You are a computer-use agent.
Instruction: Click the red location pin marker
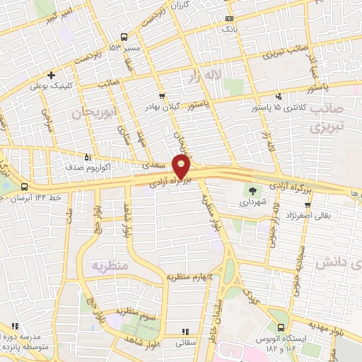pyautogui.click(x=182, y=167)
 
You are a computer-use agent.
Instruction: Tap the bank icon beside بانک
pyautogui.click(x=228, y=18)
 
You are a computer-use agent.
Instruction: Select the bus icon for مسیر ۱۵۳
pyautogui.click(x=124, y=37)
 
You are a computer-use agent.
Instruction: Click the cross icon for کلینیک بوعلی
pyautogui.click(x=51, y=75)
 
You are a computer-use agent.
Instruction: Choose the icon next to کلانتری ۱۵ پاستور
pyautogui.click(x=279, y=96)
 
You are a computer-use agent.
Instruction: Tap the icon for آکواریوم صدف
pyautogui.click(x=88, y=157)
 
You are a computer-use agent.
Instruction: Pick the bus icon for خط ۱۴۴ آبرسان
pyautogui.click(x=25, y=187)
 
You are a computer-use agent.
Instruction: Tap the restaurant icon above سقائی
pyautogui.click(x=185, y=330)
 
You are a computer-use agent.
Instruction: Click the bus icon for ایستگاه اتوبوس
pyautogui.click(x=281, y=328)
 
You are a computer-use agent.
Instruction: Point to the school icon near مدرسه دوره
pyautogui.click(x=5, y=338)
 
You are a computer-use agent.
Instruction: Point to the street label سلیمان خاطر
pyautogui.click(x=212, y=329)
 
